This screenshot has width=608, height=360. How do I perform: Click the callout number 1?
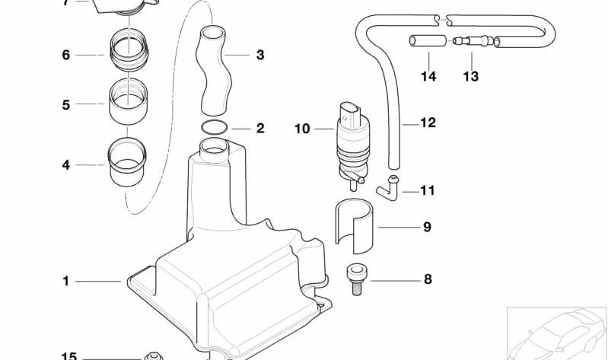click(65, 281)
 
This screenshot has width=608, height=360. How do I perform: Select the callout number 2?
click(260, 128)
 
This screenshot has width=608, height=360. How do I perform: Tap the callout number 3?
click(260, 55)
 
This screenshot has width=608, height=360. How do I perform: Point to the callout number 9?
click(427, 227)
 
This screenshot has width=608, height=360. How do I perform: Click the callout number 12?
click(428, 122)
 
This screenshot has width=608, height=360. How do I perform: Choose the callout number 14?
click(428, 76)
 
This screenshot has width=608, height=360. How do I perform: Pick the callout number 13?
click(470, 76)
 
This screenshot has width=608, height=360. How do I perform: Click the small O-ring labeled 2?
click(214, 126)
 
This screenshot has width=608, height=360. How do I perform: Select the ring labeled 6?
click(129, 48)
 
